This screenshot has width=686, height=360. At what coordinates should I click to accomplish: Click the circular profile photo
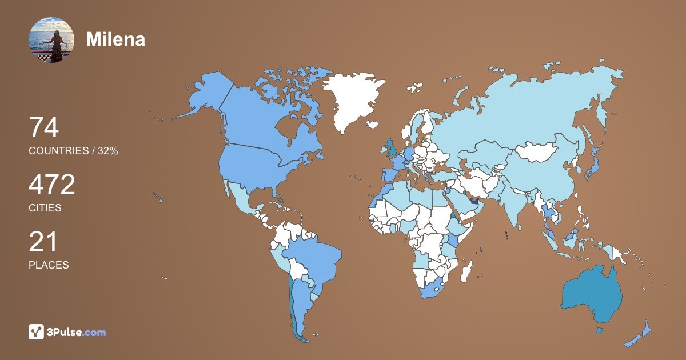point(51,40)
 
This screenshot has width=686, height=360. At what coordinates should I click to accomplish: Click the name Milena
point(115,39)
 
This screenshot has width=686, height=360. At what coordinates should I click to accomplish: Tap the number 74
point(44,128)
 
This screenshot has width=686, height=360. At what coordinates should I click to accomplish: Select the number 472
point(52,185)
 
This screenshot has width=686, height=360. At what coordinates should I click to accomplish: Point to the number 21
point(43,242)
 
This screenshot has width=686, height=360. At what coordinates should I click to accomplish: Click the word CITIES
point(45,208)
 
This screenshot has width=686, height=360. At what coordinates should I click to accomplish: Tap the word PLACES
point(49,265)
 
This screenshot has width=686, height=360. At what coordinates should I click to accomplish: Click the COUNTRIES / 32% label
point(73,151)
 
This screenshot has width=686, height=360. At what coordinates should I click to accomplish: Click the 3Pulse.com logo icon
point(37,331)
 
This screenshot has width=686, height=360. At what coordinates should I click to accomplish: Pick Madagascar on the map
point(467,271)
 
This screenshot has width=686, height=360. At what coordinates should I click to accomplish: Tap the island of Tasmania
point(600,330)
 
